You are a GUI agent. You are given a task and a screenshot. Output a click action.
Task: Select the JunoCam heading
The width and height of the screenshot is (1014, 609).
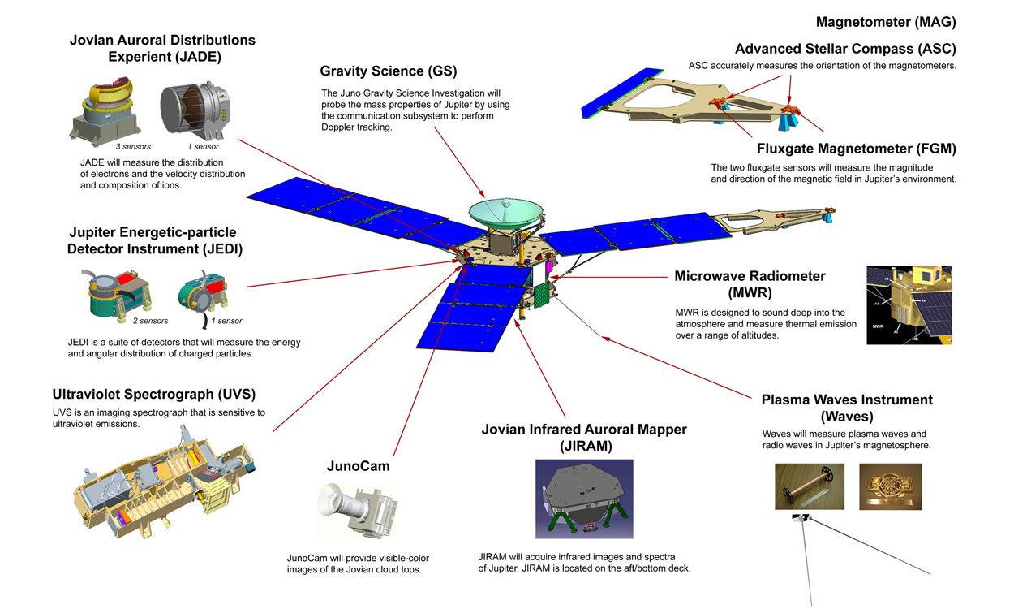pyautogui.click(x=359, y=466)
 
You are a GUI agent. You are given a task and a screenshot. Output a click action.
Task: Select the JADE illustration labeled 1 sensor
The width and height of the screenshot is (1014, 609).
pyautogui.click(x=191, y=112)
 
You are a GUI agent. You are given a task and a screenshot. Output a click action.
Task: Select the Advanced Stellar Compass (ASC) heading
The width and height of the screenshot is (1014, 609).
pyautogui.click(x=845, y=49)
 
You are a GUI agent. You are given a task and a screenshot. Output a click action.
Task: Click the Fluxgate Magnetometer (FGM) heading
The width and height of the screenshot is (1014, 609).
pyautogui.click(x=856, y=149)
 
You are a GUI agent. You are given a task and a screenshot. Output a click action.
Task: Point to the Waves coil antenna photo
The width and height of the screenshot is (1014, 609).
pyautogui.click(x=809, y=486)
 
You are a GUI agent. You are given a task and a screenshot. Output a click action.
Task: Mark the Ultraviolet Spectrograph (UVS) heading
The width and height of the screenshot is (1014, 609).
pyautogui.click(x=154, y=395)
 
